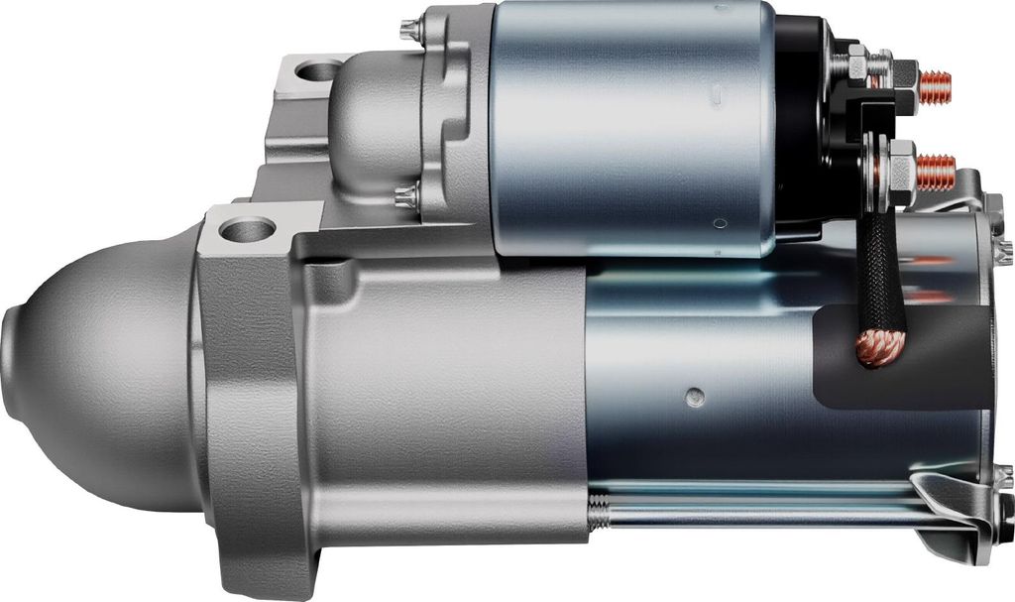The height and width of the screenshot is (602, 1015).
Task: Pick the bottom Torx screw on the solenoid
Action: [404, 197]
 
